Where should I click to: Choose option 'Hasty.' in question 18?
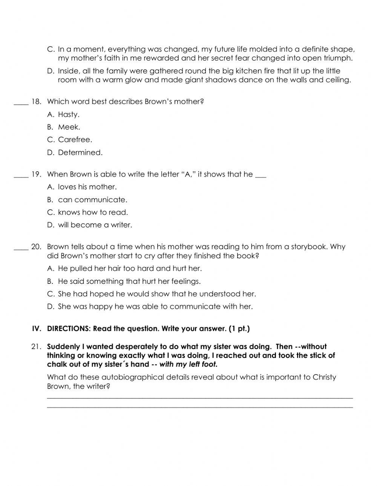click(x=68, y=114)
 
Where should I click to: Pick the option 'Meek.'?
click(x=69, y=127)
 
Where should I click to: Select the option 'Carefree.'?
click(x=75, y=140)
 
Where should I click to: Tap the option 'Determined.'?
click(x=80, y=152)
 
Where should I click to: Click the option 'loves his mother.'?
click(x=87, y=187)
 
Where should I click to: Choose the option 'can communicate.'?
click(x=92, y=200)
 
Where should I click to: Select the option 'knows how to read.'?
click(x=93, y=212)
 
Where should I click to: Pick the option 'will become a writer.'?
click(x=95, y=225)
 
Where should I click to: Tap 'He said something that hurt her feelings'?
click(x=129, y=281)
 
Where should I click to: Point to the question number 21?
click(x=36, y=347)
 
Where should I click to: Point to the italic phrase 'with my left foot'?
click(x=188, y=364)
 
